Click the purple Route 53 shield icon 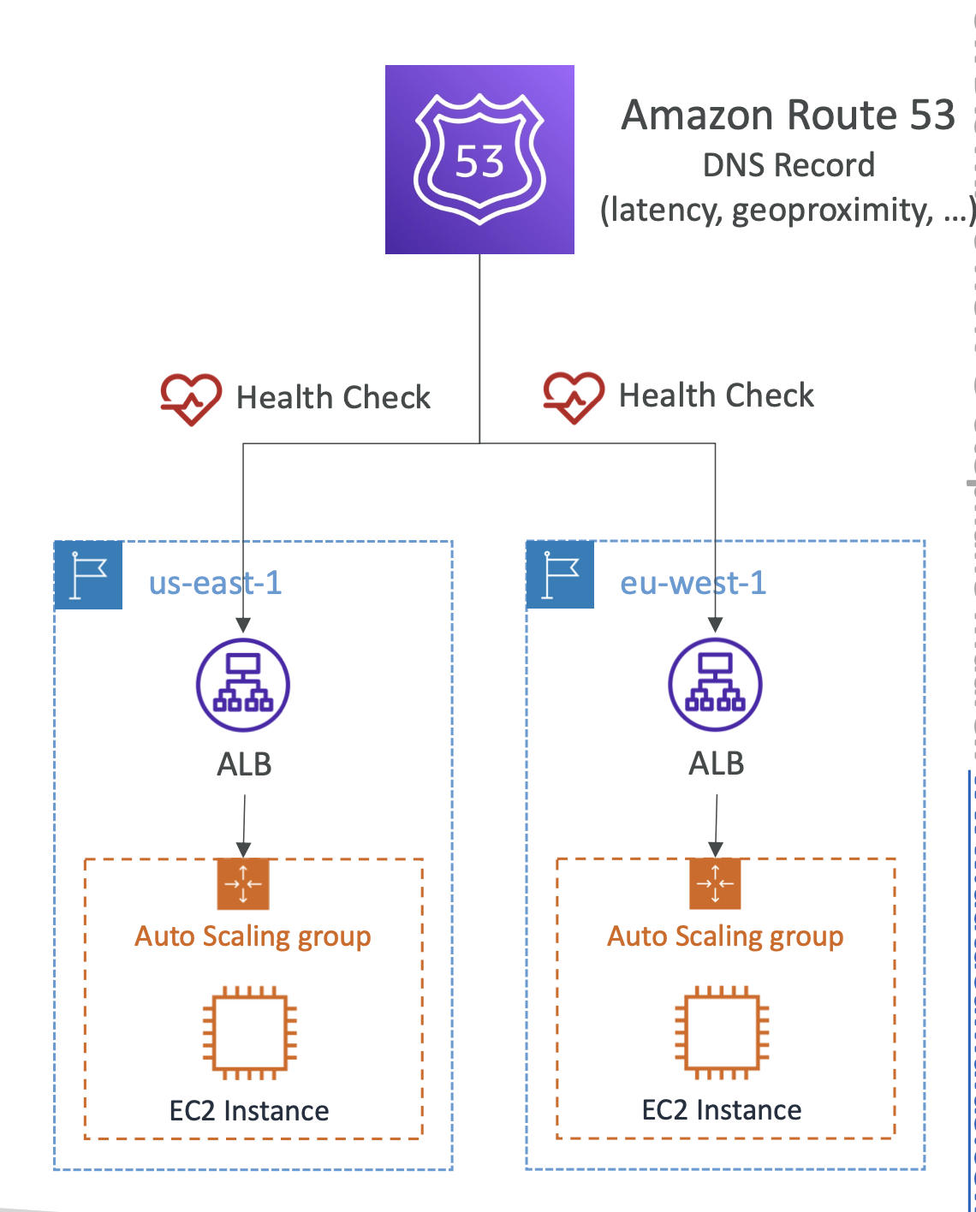point(479,159)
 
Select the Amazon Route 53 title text point(788,115)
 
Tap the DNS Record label point(789,165)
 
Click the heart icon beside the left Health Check point(191,399)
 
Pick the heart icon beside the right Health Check point(574,397)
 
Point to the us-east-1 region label point(215,582)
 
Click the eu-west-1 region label point(693,582)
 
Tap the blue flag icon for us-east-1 point(88,575)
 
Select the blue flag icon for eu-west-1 point(560,574)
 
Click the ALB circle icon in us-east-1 point(243,685)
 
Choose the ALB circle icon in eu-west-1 point(715,684)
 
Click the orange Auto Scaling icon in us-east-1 point(243,883)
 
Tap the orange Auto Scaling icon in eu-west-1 point(715,883)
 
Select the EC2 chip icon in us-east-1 point(250,1032)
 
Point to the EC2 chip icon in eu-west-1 point(722,1032)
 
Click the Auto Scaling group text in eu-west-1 point(725,937)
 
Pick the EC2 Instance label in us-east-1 point(249,1111)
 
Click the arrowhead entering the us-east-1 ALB point(243,625)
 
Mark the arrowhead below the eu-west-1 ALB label point(716,850)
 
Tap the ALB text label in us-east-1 point(245,764)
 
